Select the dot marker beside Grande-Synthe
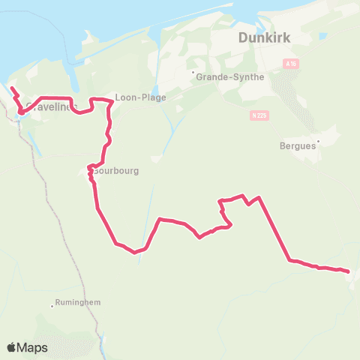pos(193,73)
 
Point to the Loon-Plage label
pos(140,97)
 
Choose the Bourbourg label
pos(116,170)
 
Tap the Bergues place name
pos(297,146)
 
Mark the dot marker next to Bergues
pos(318,140)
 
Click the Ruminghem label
pos(79,302)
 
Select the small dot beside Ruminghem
pos(52,305)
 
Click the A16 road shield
pos(291,65)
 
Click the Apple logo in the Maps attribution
pos(11,347)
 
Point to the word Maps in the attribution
pos(33,348)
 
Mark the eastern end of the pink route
pos(349,271)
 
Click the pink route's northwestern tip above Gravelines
pos(11,89)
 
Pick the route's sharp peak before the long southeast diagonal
pos(259,198)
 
